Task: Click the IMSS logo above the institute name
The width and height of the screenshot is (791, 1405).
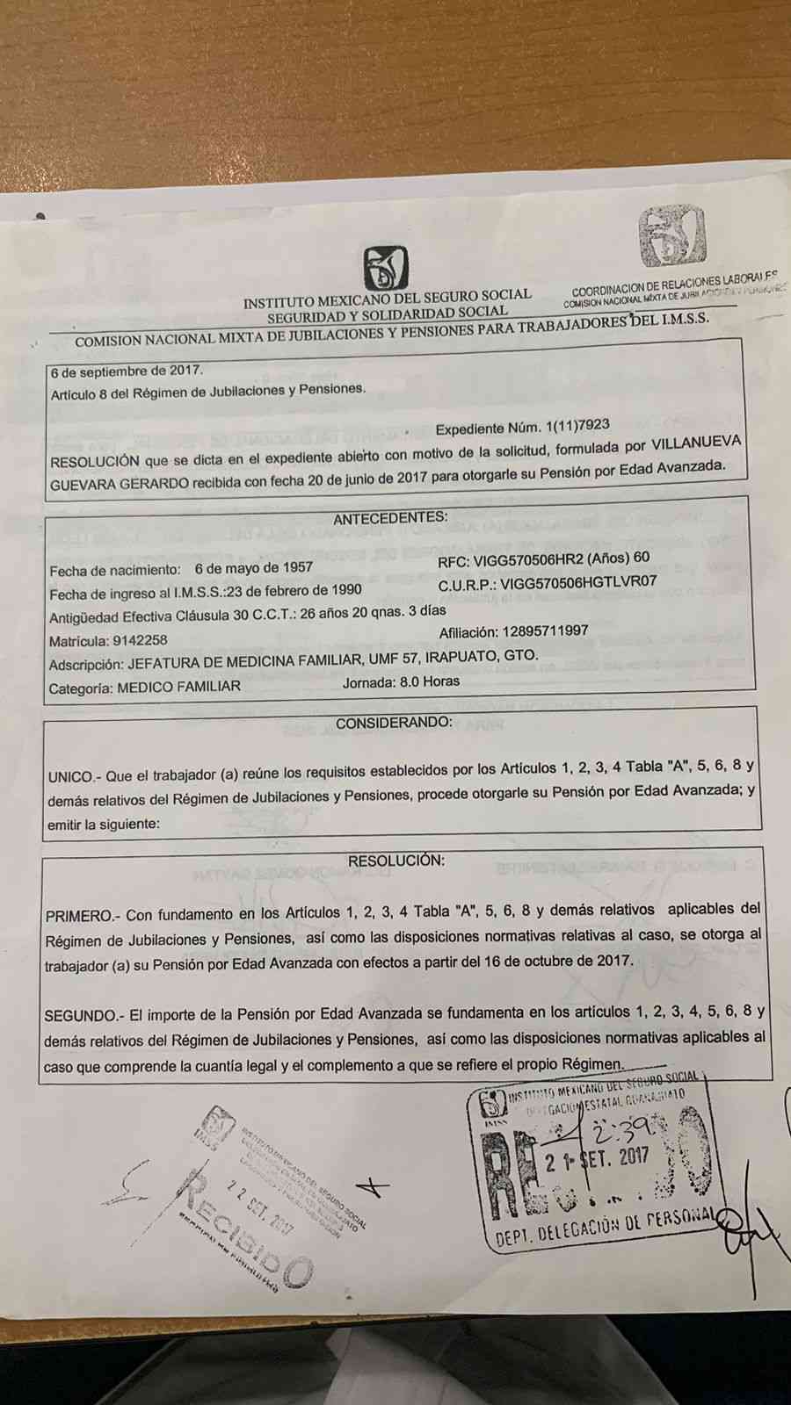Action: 386,268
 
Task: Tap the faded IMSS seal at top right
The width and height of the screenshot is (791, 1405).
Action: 672,237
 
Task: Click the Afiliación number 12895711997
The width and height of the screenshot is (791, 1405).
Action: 545,631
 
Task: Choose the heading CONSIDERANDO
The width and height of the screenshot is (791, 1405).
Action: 395,723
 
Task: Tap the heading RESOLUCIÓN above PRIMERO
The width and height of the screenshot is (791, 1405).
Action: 396,861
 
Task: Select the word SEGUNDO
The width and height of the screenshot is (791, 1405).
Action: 80,1016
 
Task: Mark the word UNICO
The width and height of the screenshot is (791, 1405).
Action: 70,777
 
